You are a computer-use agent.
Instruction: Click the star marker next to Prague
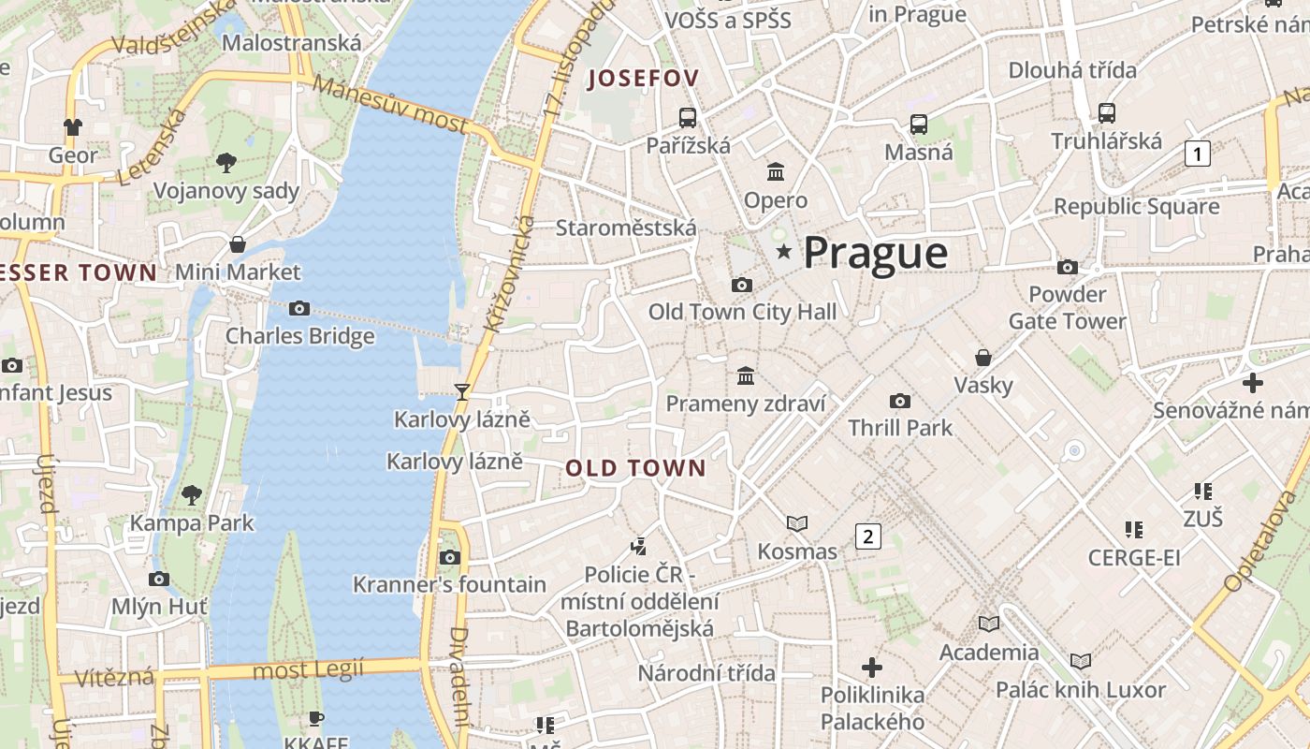783,251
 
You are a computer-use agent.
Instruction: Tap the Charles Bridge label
299,336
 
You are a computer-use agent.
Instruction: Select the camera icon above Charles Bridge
299,308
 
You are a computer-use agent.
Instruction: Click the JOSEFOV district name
643,79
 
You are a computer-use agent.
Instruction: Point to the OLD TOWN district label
635,468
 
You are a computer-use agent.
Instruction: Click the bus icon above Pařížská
688,117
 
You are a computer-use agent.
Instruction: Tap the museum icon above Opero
776,171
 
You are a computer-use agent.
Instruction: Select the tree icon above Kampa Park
192,493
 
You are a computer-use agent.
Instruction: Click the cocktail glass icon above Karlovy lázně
461,391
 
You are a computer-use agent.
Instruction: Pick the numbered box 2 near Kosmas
868,536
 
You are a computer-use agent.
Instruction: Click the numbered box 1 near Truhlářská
1198,153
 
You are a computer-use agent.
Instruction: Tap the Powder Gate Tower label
1067,308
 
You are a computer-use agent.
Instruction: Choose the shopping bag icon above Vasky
983,357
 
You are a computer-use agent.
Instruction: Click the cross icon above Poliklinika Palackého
872,667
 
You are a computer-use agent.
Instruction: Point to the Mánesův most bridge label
389,104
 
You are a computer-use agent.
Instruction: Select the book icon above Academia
989,624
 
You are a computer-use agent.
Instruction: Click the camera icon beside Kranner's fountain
450,557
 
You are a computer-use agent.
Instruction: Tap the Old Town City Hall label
742,312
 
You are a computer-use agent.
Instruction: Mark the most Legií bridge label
308,669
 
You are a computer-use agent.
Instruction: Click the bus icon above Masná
919,124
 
